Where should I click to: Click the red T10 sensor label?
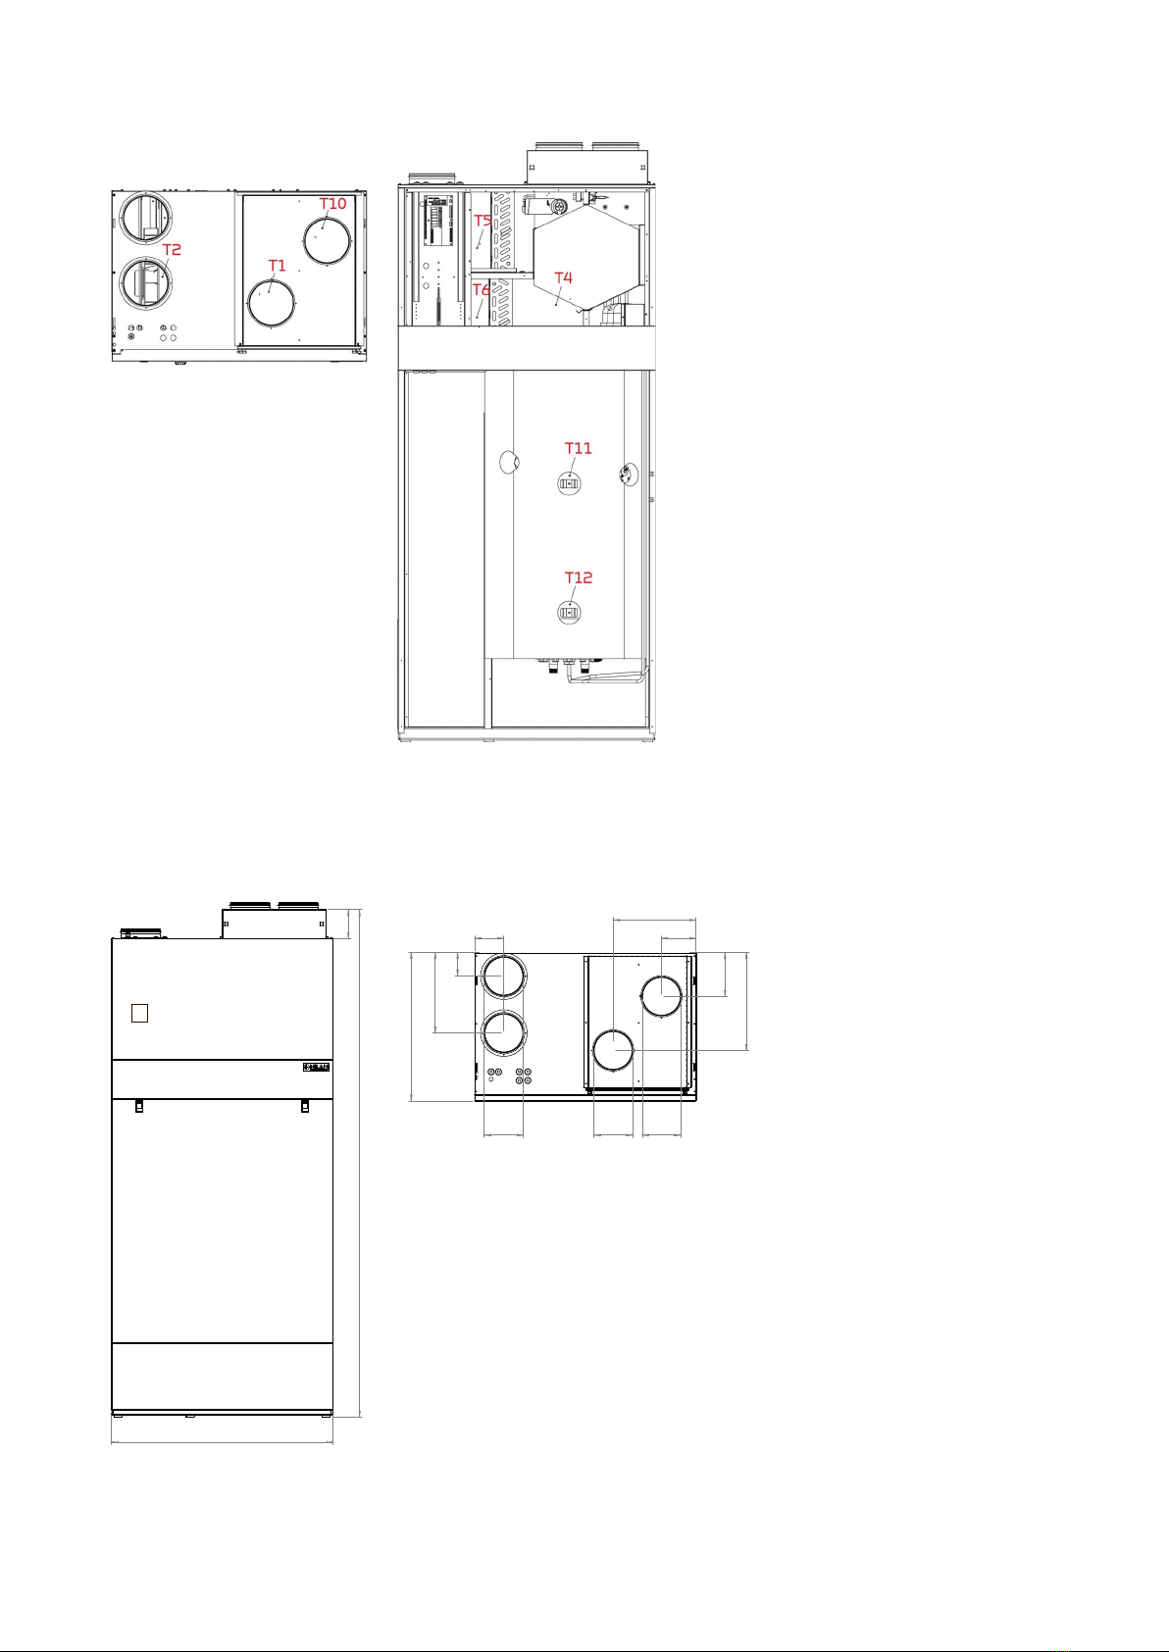tap(332, 204)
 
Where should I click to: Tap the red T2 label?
tap(172, 250)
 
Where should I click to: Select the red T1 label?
tap(277, 266)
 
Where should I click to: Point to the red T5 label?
tap(483, 221)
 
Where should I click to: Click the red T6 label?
tap(481, 289)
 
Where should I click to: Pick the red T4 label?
tap(564, 278)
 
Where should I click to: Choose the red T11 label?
tap(579, 448)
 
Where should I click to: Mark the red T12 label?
tap(579, 577)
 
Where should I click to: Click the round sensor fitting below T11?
tap(570, 483)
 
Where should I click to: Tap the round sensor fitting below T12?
tap(570, 612)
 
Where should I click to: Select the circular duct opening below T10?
tap(328, 240)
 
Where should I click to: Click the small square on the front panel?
tap(139, 1014)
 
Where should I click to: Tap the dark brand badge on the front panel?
tap(317, 1067)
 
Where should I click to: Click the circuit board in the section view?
tap(440, 219)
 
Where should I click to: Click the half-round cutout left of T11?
tap(509, 463)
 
